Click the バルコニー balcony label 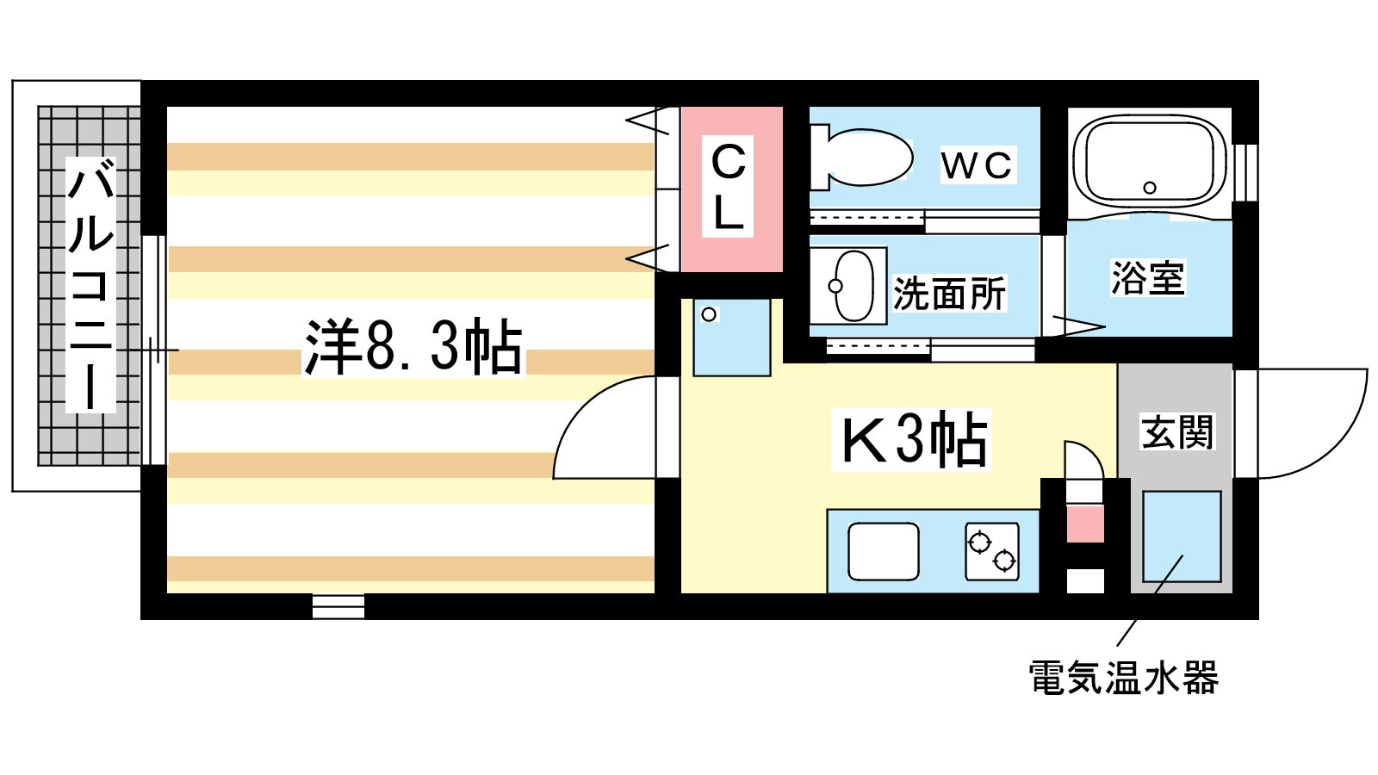pyautogui.click(x=90, y=285)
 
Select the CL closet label pyautogui.click(x=729, y=187)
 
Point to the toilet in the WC pyautogui.click(x=860, y=158)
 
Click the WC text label pyautogui.click(x=977, y=165)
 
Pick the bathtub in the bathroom pyautogui.click(x=1149, y=161)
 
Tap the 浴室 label pyautogui.click(x=1148, y=278)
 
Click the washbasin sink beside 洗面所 pyautogui.click(x=848, y=286)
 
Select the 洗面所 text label pyautogui.click(x=949, y=294)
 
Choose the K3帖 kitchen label pyautogui.click(x=912, y=439)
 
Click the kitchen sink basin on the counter pyautogui.click(x=884, y=551)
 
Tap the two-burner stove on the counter pyautogui.click(x=992, y=551)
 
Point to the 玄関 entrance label pyautogui.click(x=1177, y=431)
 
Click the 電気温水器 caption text pyautogui.click(x=1124, y=678)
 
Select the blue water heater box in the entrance pyautogui.click(x=1182, y=536)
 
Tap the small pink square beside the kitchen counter pyautogui.click(x=1085, y=524)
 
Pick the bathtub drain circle pyautogui.click(x=1150, y=188)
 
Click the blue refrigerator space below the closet pyautogui.click(x=732, y=338)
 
